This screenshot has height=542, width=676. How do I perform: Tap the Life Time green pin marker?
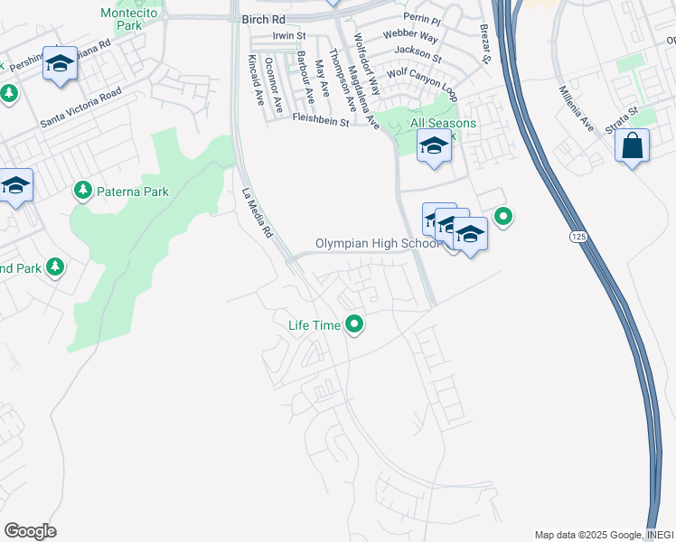pyautogui.click(x=355, y=323)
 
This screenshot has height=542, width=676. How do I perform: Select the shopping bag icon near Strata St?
pyautogui.click(x=632, y=145)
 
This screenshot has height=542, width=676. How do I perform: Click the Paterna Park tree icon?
pyautogui.click(x=83, y=190)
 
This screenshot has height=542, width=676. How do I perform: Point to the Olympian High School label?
pyautogui.click(x=378, y=244)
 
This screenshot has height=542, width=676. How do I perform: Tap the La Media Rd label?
pyautogui.click(x=258, y=211)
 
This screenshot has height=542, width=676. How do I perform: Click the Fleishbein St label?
pyautogui.click(x=320, y=118)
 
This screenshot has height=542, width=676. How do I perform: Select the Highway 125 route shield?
pyautogui.click(x=576, y=236)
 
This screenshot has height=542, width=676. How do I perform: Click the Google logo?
pyautogui.click(x=30, y=530)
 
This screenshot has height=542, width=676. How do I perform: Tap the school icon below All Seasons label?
pyautogui.click(x=434, y=145)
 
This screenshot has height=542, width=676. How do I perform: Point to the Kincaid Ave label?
pyautogui.click(x=255, y=80)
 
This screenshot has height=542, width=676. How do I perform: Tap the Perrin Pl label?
pyautogui.click(x=423, y=20)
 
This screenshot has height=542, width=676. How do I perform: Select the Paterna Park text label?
pyautogui.click(x=132, y=191)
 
